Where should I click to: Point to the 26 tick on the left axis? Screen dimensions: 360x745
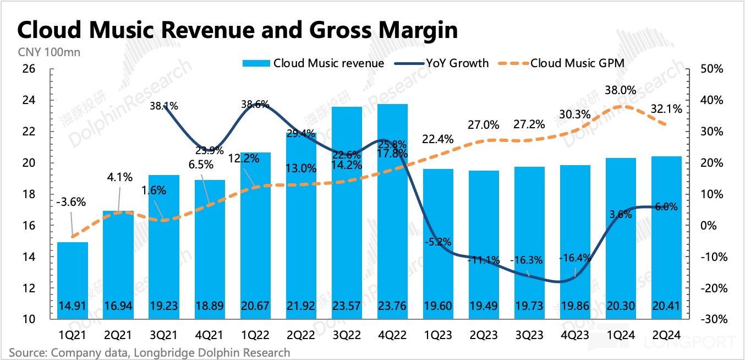[28, 69]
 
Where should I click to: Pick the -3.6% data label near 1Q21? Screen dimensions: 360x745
[71, 202]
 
